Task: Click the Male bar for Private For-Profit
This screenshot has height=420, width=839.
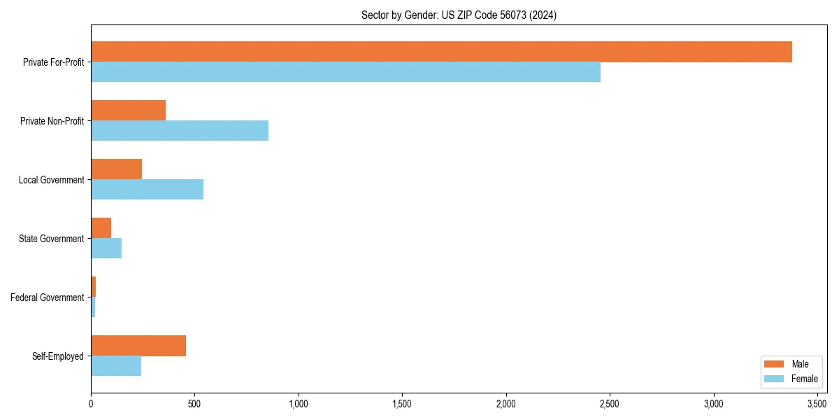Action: (x=441, y=52)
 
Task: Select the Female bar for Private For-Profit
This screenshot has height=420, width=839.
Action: (x=345, y=72)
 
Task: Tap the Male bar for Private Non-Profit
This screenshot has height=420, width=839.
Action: (x=128, y=111)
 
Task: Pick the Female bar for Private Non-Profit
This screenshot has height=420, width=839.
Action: (x=180, y=131)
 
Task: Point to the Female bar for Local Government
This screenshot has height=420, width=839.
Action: (x=147, y=190)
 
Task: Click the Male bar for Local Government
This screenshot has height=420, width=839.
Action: (x=116, y=169)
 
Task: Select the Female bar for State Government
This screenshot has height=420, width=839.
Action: (x=106, y=248)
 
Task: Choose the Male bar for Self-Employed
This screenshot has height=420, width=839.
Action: (x=138, y=346)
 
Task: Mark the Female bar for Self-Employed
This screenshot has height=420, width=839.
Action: (x=116, y=366)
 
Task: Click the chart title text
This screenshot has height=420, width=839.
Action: (x=459, y=15)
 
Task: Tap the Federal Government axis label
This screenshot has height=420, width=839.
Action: (x=48, y=297)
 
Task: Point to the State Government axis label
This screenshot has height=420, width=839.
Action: (x=52, y=239)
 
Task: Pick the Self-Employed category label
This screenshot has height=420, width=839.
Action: (x=58, y=356)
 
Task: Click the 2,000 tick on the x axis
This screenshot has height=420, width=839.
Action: (x=506, y=404)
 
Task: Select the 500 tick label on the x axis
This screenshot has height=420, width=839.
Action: (x=194, y=404)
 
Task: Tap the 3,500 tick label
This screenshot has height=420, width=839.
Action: (x=817, y=404)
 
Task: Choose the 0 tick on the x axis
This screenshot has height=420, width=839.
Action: (x=91, y=404)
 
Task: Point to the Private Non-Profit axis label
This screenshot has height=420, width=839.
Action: (x=52, y=121)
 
